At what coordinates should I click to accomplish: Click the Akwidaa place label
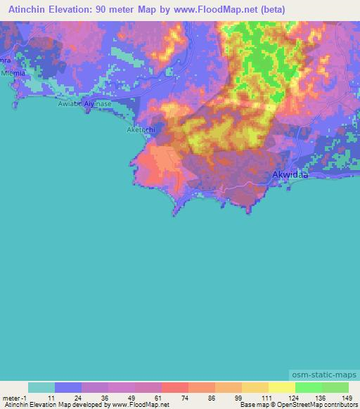tap(290, 174)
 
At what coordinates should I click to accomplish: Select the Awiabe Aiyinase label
tap(84, 103)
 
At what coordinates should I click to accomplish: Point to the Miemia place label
tap(13, 73)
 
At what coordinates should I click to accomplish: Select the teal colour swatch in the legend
tap(41, 387)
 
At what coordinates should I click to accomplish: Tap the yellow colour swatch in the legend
tap(281, 387)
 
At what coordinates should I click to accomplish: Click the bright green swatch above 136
tap(308, 387)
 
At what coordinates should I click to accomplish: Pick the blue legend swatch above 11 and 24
tap(67, 387)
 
